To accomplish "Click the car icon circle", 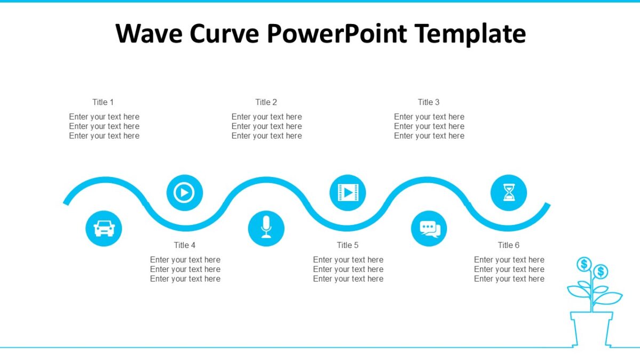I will click(x=103, y=228).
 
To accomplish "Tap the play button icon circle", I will click(x=185, y=193).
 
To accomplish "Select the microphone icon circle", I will click(x=266, y=228).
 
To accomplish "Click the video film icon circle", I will click(x=348, y=193).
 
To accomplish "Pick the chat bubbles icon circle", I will click(x=429, y=228).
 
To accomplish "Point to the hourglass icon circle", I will click(x=509, y=193).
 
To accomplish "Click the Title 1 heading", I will click(x=103, y=102).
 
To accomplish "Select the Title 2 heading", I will click(x=266, y=102).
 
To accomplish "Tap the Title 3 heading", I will click(x=429, y=102).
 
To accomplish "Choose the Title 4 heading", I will click(x=185, y=245).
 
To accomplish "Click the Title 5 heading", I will click(x=348, y=245).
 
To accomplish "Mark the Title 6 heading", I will click(x=509, y=245).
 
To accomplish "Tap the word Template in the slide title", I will click(x=470, y=33).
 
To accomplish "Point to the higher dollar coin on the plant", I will click(x=584, y=264).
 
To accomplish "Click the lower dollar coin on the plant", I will click(x=601, y=272).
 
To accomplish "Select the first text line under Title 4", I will click(x=185, y=260).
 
